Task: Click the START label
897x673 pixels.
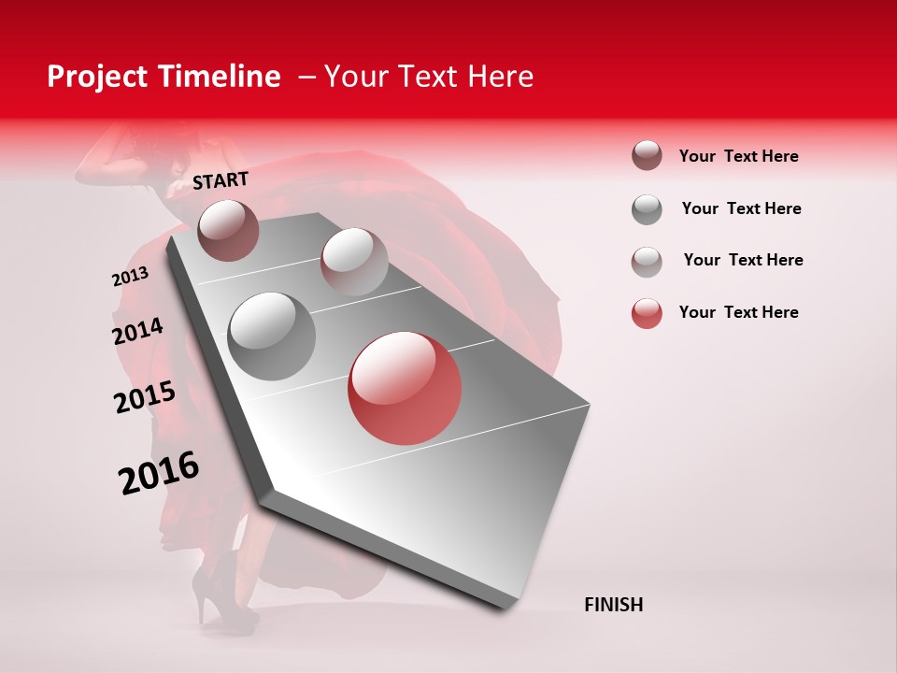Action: (221, 180)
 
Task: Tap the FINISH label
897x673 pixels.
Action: (613, 605)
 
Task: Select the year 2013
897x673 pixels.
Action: (130, 277)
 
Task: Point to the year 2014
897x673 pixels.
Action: (137, 332)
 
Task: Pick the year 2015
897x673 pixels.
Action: (145, 397)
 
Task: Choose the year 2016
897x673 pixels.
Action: (159, 472)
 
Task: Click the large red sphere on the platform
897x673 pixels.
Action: (405, 388)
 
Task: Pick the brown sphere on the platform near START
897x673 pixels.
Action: (228, 230)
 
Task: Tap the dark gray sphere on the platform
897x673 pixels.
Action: (272, 336)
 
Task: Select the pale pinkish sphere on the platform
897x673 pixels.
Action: (353, 262)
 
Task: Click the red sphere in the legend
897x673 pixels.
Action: (647, 313)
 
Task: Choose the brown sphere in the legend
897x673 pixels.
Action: (647, 156)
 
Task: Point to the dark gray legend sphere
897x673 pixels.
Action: (647, 209)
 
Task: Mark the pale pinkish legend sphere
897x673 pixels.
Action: (647, 261)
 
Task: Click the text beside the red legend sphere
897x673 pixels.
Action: (738, 312)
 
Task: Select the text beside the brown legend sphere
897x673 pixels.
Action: (738, 156)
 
